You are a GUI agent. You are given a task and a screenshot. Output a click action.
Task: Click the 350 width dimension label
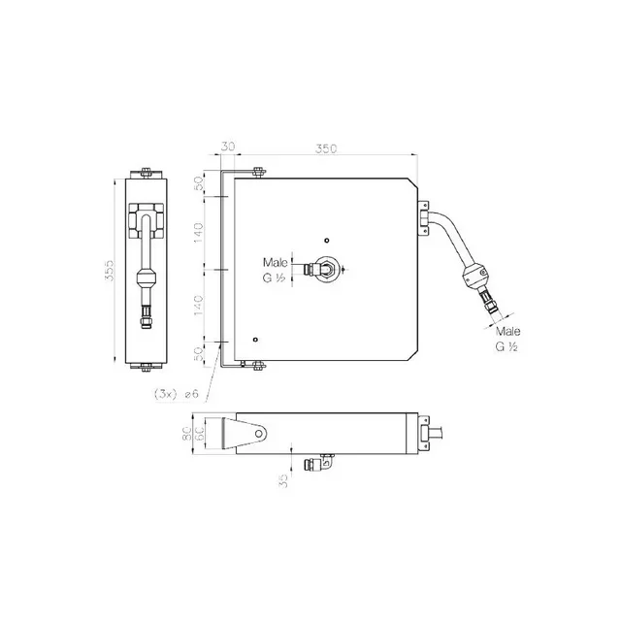(x=326, y=148)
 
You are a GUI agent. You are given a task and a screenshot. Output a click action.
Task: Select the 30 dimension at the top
(x=228, y=148)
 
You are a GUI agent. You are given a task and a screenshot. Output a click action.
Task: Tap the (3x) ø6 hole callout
(x=176, y=395)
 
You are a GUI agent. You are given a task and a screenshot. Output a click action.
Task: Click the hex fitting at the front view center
(x=328, y=269)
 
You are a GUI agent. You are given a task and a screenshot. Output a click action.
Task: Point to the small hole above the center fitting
(x=328, y=241)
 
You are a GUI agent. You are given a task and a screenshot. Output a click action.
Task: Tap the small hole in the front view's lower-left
(x=254, y=340)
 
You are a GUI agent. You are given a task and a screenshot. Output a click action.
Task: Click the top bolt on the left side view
(x=146, y=174)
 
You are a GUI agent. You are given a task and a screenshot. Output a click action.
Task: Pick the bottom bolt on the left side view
(x=146, y=367)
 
